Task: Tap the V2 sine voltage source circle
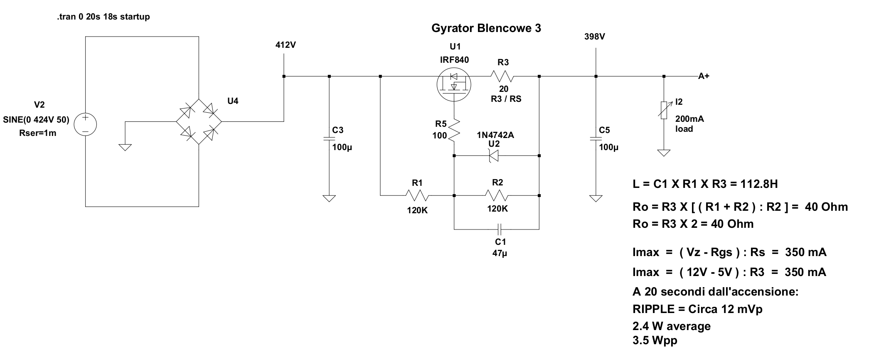pyautogui.click(x=85, y=124)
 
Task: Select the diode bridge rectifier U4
pyautogui.click(x=199, y=122)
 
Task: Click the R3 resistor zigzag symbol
pyautogui.click(x=502, y=76)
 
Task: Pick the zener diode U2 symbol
pyautogui.click(x=494, y=155)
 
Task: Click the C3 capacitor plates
pyautogui.click(x=329, y=138)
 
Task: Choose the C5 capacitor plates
pyautogui.click(x=596, y=138)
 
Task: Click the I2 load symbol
pyautogui.click(x=664, y=111)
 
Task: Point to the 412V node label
pyautogui.click(x=286, y=45)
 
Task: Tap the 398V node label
pyautogui.click(x=595, y=37)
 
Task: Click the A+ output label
pyautogui.click(x=704, y=76)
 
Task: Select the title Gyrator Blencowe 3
pyautogui.click(x=486, y=28)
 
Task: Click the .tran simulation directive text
pyautogui.click(x=103, y=17)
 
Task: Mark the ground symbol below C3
pyautogui.click(x=329, y=198)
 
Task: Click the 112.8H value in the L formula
pyautogui.click(x=759, y=184)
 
